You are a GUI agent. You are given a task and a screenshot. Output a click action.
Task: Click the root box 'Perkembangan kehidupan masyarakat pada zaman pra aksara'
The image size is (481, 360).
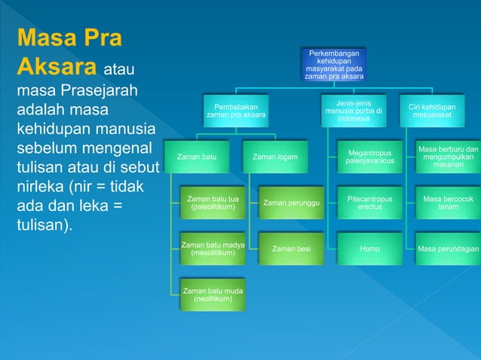tap(333, 65)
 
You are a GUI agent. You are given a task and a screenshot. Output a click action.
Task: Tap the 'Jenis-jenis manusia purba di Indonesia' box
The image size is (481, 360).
tap(354, 111)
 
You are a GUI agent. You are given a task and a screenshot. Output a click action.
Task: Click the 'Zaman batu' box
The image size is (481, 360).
tap(197, 157)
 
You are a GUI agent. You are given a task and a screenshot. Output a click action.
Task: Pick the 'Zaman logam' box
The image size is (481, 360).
tap(275, 157)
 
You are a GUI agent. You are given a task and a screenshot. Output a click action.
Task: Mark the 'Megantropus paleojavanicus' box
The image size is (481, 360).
tap(369, 157)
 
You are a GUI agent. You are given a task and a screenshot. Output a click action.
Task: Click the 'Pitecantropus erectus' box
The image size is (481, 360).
tap(369, 203)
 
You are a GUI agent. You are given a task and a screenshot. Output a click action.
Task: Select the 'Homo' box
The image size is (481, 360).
tap(369, 249)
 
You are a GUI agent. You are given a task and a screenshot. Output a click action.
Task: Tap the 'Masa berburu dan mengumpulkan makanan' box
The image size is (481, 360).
tap(449, 157)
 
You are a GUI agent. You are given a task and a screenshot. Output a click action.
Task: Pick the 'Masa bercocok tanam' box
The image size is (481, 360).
tap(449, 203)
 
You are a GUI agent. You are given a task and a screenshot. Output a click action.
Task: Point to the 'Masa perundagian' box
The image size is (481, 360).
tap(449, 249)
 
